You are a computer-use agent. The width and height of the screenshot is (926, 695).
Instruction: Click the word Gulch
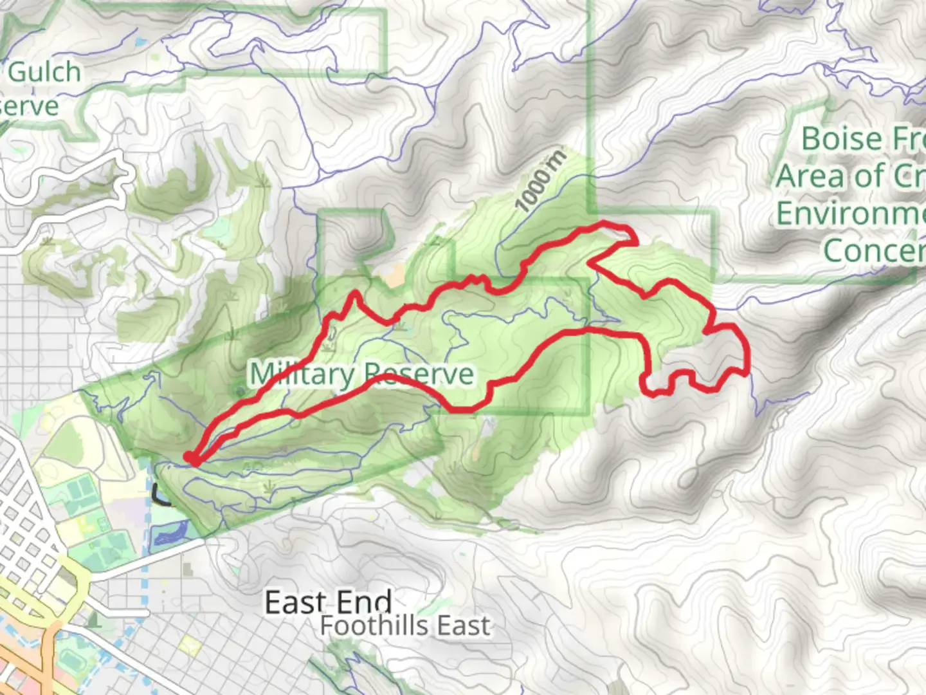coord(44,72)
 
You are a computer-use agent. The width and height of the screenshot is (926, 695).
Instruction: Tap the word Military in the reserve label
coord(301,374)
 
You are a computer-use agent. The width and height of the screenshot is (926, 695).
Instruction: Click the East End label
coord(328,603)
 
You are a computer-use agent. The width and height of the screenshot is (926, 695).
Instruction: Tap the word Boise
coord(841,139)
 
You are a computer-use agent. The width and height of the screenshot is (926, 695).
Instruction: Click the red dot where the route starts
coord(192,458)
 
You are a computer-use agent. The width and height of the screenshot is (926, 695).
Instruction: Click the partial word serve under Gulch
coord(29,106)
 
